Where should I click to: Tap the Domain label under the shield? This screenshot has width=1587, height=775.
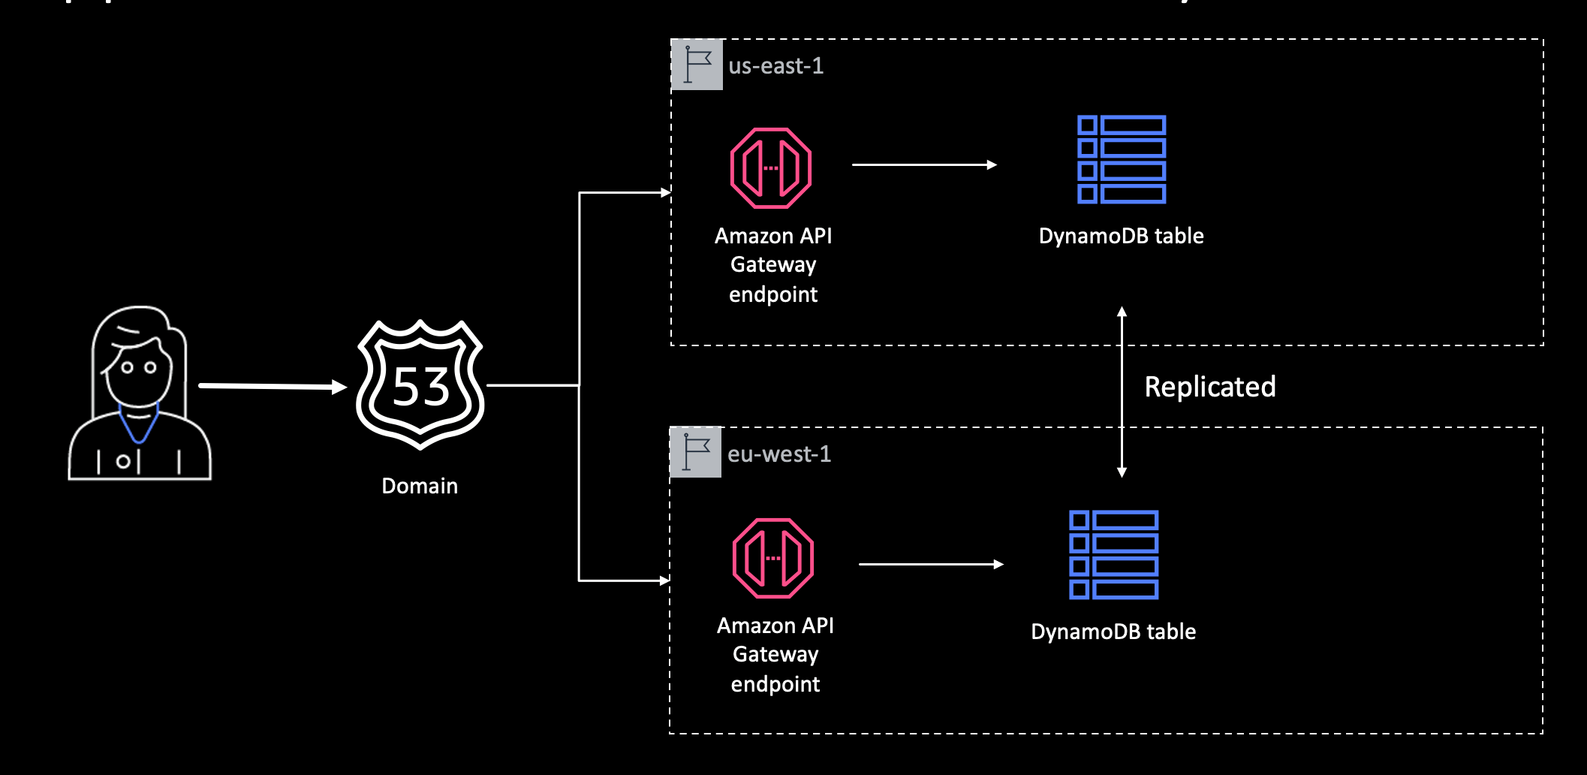click(x=420, y=486)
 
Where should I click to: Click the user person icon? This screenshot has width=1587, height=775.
click(x=140, y=394)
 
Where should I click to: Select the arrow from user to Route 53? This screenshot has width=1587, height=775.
click(x=270, y=386)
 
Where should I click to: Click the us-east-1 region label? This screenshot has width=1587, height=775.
click(x=775, y=66)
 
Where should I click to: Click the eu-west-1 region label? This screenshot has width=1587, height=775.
click(x=778, y=454)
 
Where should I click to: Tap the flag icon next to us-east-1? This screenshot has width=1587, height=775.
click(x=697, y=65)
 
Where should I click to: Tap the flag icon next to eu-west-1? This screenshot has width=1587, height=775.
click(x=695, y=453)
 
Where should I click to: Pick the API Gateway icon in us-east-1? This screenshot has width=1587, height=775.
click(x=771, y=168)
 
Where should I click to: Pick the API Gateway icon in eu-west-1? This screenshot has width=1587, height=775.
click(x=773, y=558)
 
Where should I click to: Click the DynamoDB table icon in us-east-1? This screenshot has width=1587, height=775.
click(x=1121, y=159)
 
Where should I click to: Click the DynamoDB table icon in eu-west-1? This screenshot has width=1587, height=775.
click(x=1113, y=555)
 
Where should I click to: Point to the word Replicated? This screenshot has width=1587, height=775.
click(x=1209, y=387)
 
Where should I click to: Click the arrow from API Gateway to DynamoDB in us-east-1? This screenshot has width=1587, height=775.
click(x=923, y=164)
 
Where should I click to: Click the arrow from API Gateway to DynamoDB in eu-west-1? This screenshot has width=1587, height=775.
click(x=930, y=564)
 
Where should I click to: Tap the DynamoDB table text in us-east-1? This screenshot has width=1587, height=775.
click(x=1121, y=236)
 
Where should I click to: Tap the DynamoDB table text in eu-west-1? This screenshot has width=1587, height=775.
click(x=1113, y=632)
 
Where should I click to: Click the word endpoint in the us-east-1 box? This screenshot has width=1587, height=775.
click(x=773, y=294)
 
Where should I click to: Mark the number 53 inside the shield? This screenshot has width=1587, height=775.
click(x=420, y=387)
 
